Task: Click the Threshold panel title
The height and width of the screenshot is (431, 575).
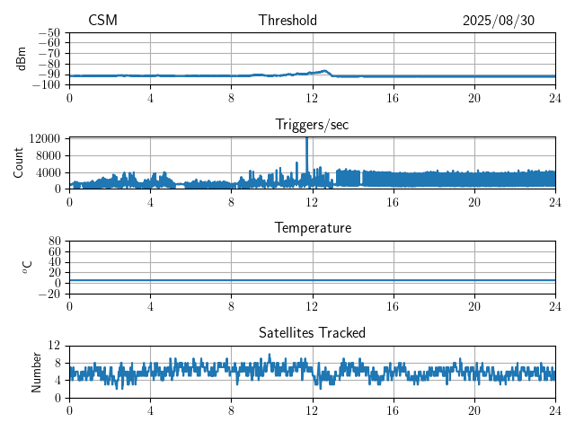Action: coord(287,21)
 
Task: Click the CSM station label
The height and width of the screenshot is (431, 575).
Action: coord(102,21)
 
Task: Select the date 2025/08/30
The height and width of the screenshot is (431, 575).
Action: coord(498,21)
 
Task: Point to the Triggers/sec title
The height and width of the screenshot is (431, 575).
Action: coord(312,125)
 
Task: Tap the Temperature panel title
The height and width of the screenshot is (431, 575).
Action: coord(312,228)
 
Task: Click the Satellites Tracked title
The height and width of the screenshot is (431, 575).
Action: coord(312,332)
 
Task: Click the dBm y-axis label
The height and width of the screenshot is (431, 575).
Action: coord(22,58)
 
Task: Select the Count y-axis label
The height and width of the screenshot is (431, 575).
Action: coord(18,163)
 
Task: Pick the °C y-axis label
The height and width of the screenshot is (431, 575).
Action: coord(27,267)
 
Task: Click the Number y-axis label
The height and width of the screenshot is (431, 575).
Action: coord(37,371)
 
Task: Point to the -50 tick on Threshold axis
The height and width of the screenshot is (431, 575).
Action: coord(49,32)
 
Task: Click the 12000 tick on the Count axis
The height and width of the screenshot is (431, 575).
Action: coord(44,138)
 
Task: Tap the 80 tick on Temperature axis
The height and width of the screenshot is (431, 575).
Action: coord(54,242)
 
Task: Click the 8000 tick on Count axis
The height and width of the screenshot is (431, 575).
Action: coord(48,155)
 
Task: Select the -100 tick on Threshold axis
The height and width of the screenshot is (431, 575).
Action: coord(46,85)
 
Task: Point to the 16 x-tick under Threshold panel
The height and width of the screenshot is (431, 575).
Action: coord(394,97)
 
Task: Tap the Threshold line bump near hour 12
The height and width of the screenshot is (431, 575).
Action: coord(321,71)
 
